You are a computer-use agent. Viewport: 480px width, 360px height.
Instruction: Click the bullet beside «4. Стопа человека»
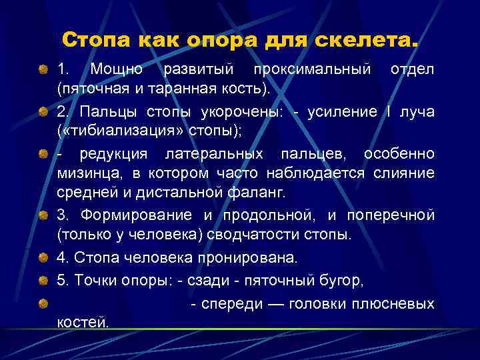coord(43,257)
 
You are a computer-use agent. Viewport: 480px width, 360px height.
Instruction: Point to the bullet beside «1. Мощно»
coord(43,69)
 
